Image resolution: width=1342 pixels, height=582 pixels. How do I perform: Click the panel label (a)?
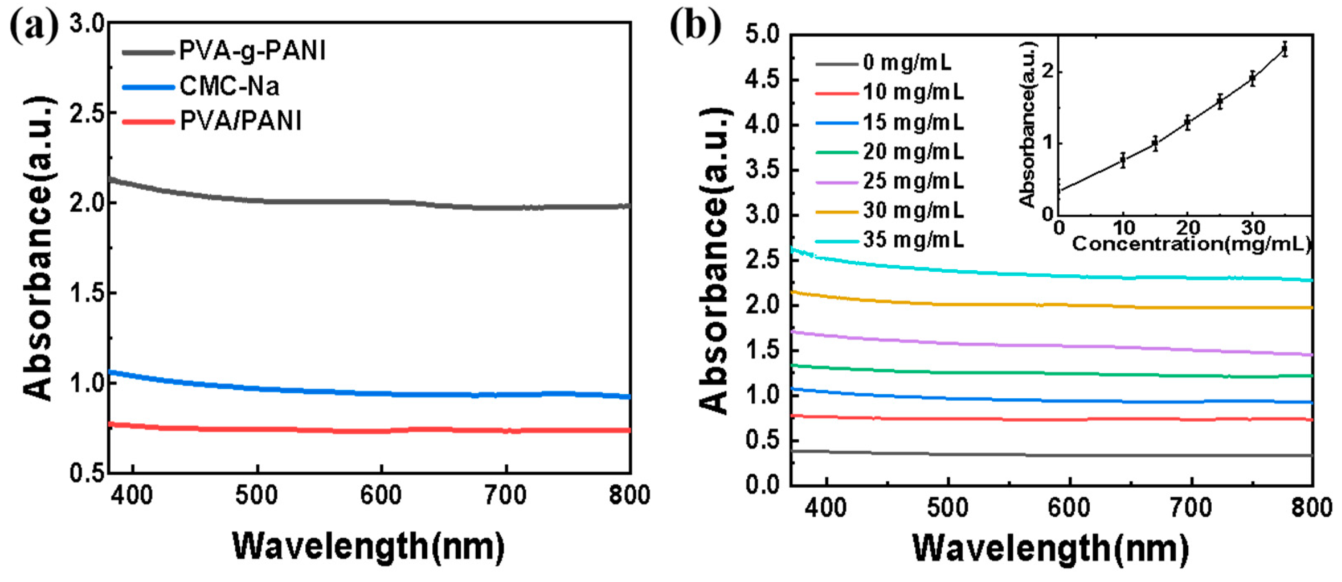tap(34, 26)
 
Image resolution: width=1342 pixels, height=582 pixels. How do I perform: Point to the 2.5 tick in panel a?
tap(86, 113)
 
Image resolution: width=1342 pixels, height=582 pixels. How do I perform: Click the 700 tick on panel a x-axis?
tap(505, 495)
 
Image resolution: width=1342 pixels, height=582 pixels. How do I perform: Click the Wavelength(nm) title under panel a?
tap(368, 547)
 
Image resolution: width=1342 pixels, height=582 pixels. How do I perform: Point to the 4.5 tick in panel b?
tap(763, 80)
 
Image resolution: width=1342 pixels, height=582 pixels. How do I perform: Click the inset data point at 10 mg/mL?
tap(1123, 160)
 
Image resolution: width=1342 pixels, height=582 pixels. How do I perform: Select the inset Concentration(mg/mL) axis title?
tap(1190, 244)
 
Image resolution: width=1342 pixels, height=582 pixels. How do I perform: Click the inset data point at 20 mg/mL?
tap(1188, 123)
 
